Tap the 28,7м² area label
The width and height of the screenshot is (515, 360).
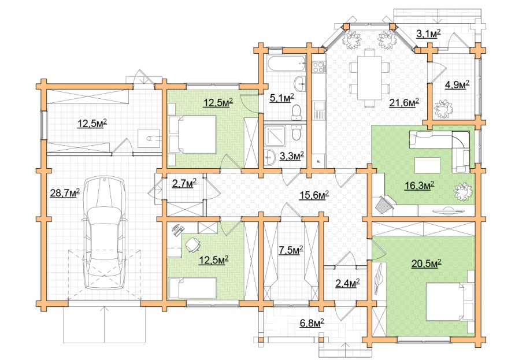pos(65,193)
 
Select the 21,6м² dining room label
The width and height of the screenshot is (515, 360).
pos(404,103)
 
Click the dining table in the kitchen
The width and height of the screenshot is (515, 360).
pos(369,78)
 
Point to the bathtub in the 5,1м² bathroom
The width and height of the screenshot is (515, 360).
pos(285,63)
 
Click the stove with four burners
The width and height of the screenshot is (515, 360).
pos(318,68)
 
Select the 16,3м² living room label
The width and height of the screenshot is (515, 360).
pos(419,185)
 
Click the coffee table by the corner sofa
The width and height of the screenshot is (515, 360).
pos(427,165)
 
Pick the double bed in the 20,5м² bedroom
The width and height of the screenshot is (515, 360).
pos(450,302)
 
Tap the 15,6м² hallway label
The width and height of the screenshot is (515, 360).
pos(314,195)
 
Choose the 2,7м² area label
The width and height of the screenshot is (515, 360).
pos(184,183)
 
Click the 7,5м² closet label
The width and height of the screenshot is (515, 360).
pos(291,251)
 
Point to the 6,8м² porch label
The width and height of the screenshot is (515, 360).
pos(312,323)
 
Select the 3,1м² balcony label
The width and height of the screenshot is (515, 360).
pos(428,34)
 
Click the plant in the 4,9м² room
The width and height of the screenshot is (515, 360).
pos(443,109)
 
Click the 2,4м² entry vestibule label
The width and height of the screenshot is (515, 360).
pos(347,283)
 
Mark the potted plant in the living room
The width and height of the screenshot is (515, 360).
pos(464,191)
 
